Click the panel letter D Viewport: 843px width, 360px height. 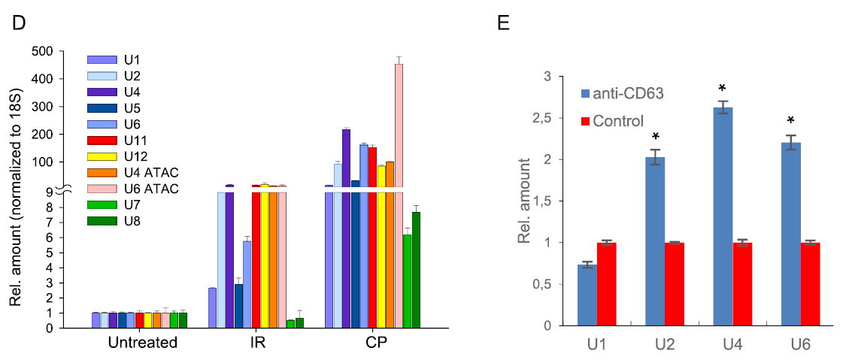pyautogui.click(x=20, y=23)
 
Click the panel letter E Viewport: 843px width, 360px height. pyautogui.click(x=504, y=23)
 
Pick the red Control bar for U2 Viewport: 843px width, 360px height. pyautogui.click(x=675, y=284)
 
